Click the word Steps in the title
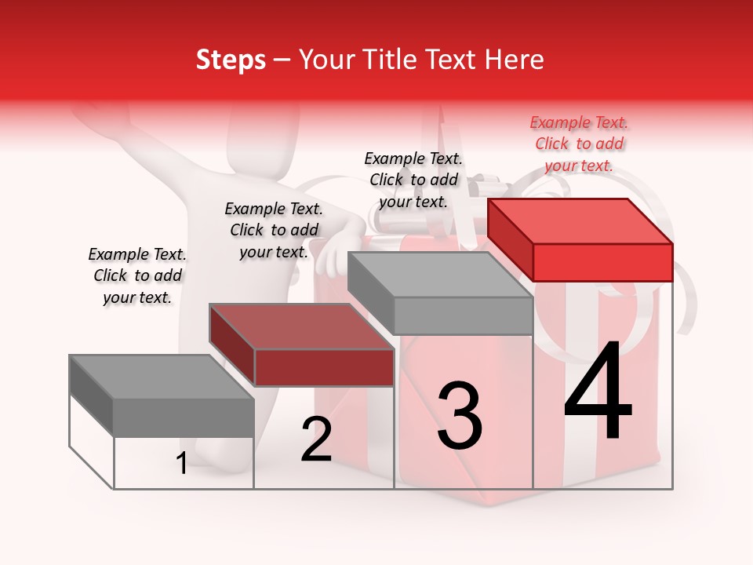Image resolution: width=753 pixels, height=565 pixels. (x=231, y=60)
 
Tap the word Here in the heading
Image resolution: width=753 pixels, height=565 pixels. (x=515, y=60)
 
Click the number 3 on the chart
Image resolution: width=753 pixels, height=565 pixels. (x=460, y=416)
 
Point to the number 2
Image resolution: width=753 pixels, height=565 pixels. (x=316, y=439)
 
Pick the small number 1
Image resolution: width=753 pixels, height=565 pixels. (x=181, y=464)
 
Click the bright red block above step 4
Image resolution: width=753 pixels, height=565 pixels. (x=602, y=262)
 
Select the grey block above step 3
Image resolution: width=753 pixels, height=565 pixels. (x=463, y=315)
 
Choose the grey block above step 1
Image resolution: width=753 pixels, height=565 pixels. (x=184, y=417)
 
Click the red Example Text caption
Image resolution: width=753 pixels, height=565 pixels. (x=579, y=144)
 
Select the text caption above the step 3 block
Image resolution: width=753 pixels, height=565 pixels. (x=413, y=180)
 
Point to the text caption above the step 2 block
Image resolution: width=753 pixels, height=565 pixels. (x=274, y=230)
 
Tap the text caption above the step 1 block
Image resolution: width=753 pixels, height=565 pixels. (x=137, y=275)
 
